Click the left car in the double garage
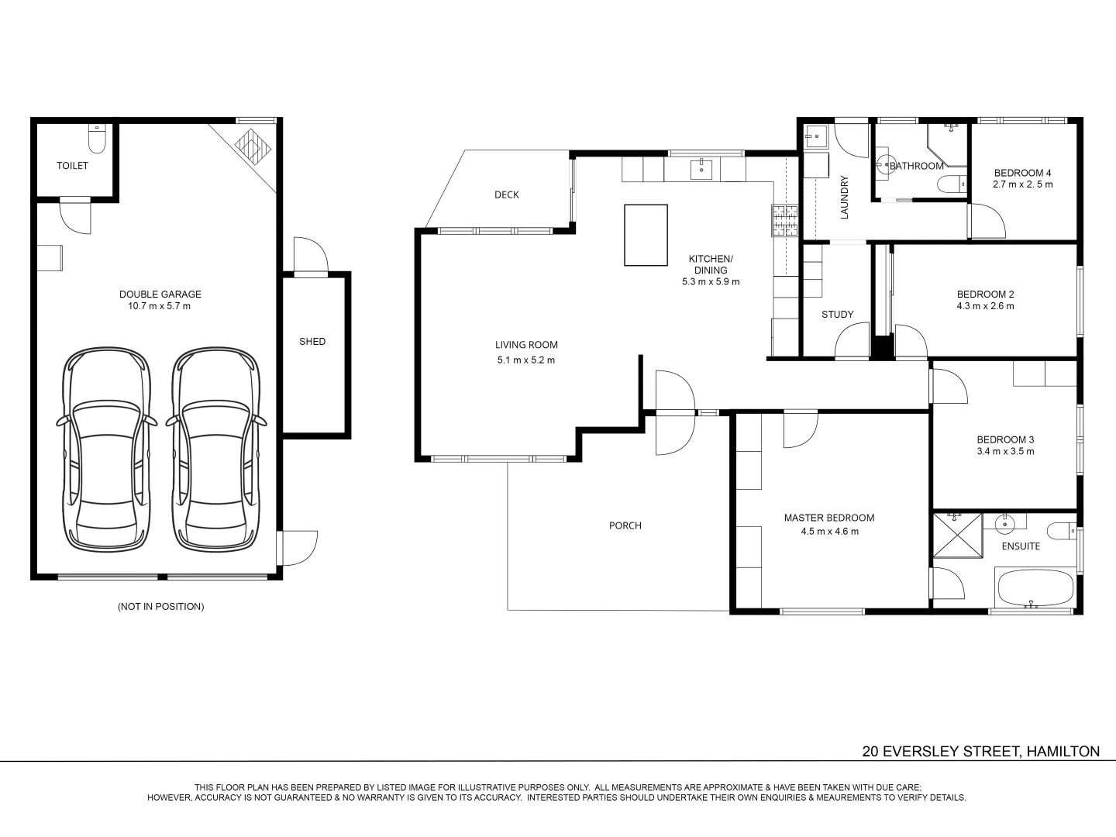click(x=106, y=449)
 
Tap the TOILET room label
click(x=72, y=166)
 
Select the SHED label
click(x=312, y=342)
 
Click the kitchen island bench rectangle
click(x=646, y=236)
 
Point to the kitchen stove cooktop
click(x=784, y=220)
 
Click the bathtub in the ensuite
click(x=1035, y=589)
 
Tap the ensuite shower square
click(x=957, y=534)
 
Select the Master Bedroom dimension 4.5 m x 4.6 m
click(x=829, y=532)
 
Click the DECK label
click(x=507, y=195)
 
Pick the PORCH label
click(x=625, y=525)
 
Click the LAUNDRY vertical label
click(x=845, y=197)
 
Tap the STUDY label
click(x=837, y=315)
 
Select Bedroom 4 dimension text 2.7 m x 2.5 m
click(x=1022, y=184)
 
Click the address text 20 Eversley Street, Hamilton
click(x=980, y=751)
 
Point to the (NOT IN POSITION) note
click(x=160, y=607)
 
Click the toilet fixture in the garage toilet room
click(x=97, y=139)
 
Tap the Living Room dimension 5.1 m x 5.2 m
click(x=526, y=360)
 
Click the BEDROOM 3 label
click(x=1005, y=439)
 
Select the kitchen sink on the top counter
click(x=701, y=167)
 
